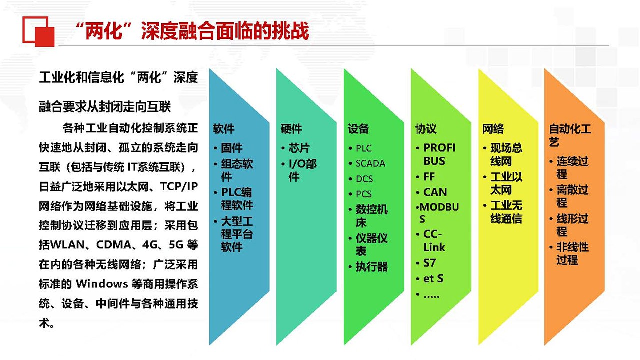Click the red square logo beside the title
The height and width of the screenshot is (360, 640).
point(38,31)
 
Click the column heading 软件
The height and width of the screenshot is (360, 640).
point(223,129)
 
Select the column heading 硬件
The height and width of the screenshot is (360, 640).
point(291,129)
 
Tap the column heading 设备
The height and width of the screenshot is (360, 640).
point(358,129)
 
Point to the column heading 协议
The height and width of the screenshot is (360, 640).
point(426,129)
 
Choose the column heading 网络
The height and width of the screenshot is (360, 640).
point(493,129)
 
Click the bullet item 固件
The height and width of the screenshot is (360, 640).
point(232,148)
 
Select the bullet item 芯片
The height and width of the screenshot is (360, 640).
point(299,148)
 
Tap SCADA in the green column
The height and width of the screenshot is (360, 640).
point(370,163)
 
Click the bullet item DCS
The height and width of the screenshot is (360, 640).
point(364,179)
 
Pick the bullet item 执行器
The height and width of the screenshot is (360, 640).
point(372,267)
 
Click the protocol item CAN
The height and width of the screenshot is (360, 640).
point(435,192)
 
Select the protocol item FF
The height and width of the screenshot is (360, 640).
point(429,177)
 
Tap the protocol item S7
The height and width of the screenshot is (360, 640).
point(429,263)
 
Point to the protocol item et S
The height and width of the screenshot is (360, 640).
point(433,278)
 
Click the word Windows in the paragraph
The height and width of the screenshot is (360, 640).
point(102,284)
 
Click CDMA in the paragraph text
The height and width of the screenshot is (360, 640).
point(114,245)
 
